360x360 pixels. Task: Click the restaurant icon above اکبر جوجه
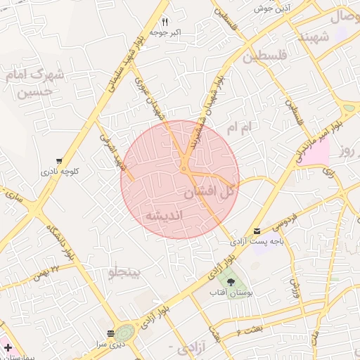tap(165, 22)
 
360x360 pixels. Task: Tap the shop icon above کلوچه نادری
tap(60, 160)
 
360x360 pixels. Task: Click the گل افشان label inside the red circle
tap(210, 191)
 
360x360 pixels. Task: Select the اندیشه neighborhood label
tap(165, 214)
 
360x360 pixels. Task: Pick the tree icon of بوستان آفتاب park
tap(231, 282)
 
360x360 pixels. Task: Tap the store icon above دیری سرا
tap(110, 333)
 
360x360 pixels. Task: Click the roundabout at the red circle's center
tap(184, 169)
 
